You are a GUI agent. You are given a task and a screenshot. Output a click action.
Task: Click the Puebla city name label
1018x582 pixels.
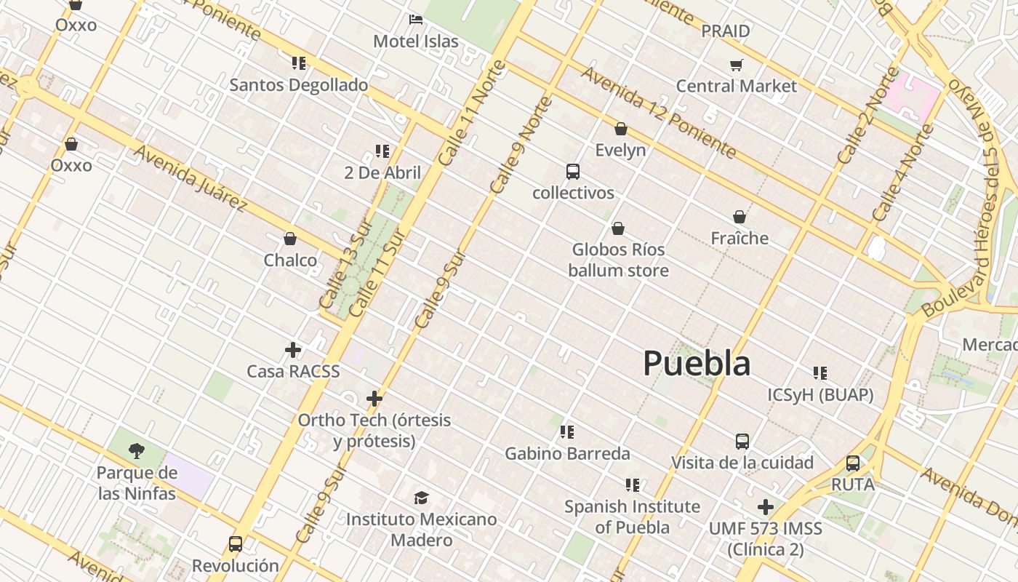tap(696, 363)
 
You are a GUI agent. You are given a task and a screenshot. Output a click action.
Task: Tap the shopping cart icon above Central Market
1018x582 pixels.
tap(736, 65)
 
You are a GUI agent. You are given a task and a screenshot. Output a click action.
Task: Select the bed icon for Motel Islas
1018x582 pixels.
tap(416, 20)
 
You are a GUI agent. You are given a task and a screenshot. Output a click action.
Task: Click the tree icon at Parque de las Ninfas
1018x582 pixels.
tap(136, 451)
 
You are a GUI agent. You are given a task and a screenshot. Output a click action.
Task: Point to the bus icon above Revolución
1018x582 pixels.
tap(236, 543)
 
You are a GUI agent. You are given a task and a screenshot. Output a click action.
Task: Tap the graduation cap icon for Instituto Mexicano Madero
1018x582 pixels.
tap(421, 498)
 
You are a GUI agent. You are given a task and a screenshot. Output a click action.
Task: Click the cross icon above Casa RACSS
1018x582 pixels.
tap(293, 350)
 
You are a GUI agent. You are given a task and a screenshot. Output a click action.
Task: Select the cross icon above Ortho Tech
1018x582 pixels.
tap(374, 399)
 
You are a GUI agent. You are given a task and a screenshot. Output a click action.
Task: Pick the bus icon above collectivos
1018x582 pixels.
tap(573, 172)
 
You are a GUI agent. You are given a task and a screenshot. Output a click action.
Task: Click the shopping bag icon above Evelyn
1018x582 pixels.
tap(620, 129)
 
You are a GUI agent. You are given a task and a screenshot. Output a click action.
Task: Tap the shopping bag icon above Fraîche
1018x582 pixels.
tap(740, 217)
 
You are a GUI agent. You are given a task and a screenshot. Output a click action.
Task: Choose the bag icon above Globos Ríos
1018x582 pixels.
tap(618, 228)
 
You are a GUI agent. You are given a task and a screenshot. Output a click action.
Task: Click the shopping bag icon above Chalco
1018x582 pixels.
tap(290, 239)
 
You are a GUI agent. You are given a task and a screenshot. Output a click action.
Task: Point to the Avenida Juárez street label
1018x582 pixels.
tap(191, 178)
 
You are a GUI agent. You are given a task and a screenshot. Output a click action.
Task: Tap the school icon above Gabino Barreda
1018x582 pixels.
tap(567, 432)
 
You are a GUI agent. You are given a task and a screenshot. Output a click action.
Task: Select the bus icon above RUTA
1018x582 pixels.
tap(853, 463)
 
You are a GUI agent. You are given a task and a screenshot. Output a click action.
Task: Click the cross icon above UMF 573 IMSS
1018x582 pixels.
tap(765, 507)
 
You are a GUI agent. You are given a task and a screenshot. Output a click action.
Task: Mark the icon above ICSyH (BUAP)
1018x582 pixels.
tap(820, 373)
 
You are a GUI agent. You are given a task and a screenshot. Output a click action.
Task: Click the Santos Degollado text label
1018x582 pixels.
tap(299, 85)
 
